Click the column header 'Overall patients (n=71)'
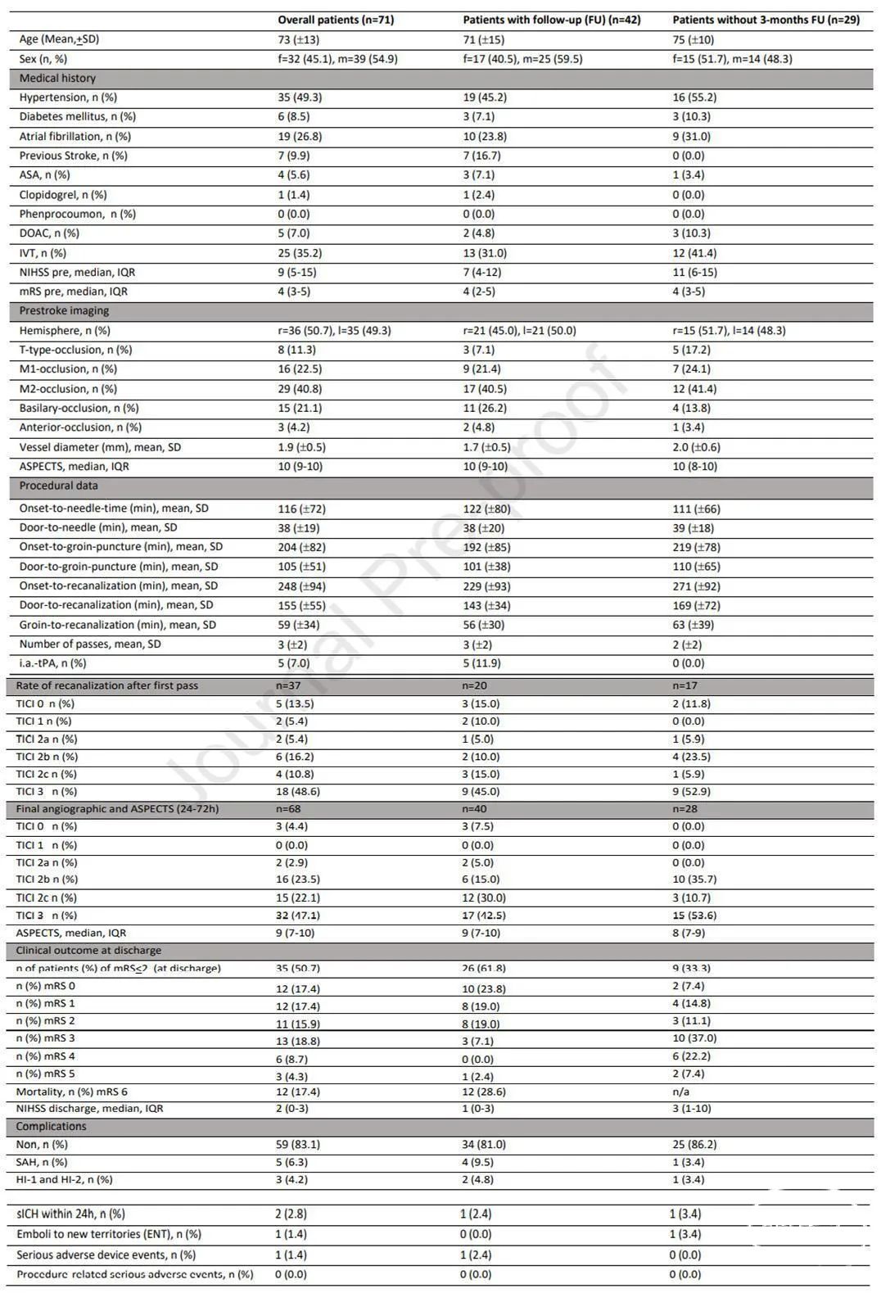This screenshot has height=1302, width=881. coord(336,20)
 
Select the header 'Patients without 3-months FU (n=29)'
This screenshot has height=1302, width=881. coord(766,20)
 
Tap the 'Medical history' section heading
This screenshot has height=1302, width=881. coord(57,78)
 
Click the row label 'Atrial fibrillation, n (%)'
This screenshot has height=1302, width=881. coord(75,137)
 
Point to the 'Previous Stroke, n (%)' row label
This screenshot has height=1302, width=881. coord(74,156)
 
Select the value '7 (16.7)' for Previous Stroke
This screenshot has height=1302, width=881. coord(481,156)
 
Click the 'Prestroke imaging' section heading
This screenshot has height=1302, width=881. coord(64,310)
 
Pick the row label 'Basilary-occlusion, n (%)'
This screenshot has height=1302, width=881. coord(79,408)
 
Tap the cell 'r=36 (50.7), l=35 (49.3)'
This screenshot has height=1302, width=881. coord(334,331)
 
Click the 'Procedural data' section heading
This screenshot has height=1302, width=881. coord(58,486)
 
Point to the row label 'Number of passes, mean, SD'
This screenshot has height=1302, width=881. coord(90,644)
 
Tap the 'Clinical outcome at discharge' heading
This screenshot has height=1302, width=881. coord(88,951)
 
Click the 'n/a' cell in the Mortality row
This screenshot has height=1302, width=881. coord(681,1092)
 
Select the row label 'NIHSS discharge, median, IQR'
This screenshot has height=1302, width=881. coord(90,1109)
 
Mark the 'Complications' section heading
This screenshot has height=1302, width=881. coord(51,1127)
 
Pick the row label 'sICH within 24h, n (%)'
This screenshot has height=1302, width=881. coord(71,1214)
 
